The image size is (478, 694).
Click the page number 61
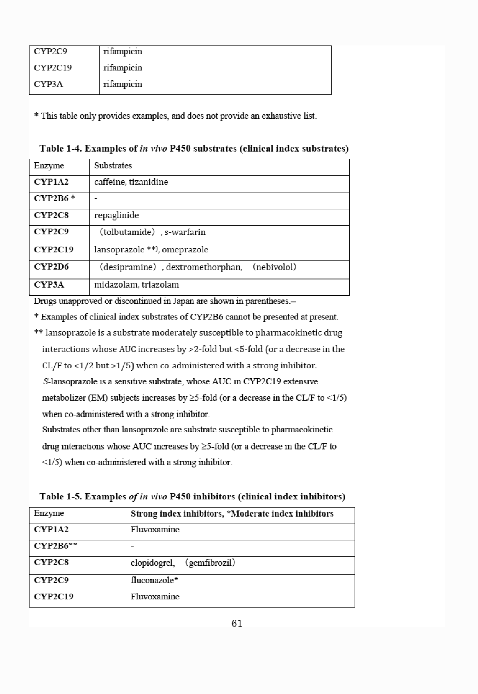237,624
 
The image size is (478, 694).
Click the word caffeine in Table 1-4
109,182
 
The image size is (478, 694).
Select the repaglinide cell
116,215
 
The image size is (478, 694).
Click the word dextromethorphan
204,267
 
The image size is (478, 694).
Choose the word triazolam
160,284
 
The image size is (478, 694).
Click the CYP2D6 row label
51,267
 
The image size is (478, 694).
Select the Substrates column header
113,166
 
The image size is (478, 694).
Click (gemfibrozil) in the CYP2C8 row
210,562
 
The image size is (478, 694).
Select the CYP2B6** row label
56,546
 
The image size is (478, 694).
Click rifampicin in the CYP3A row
123,84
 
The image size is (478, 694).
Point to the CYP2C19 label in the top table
53,68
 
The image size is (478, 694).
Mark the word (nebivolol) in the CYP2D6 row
275,267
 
